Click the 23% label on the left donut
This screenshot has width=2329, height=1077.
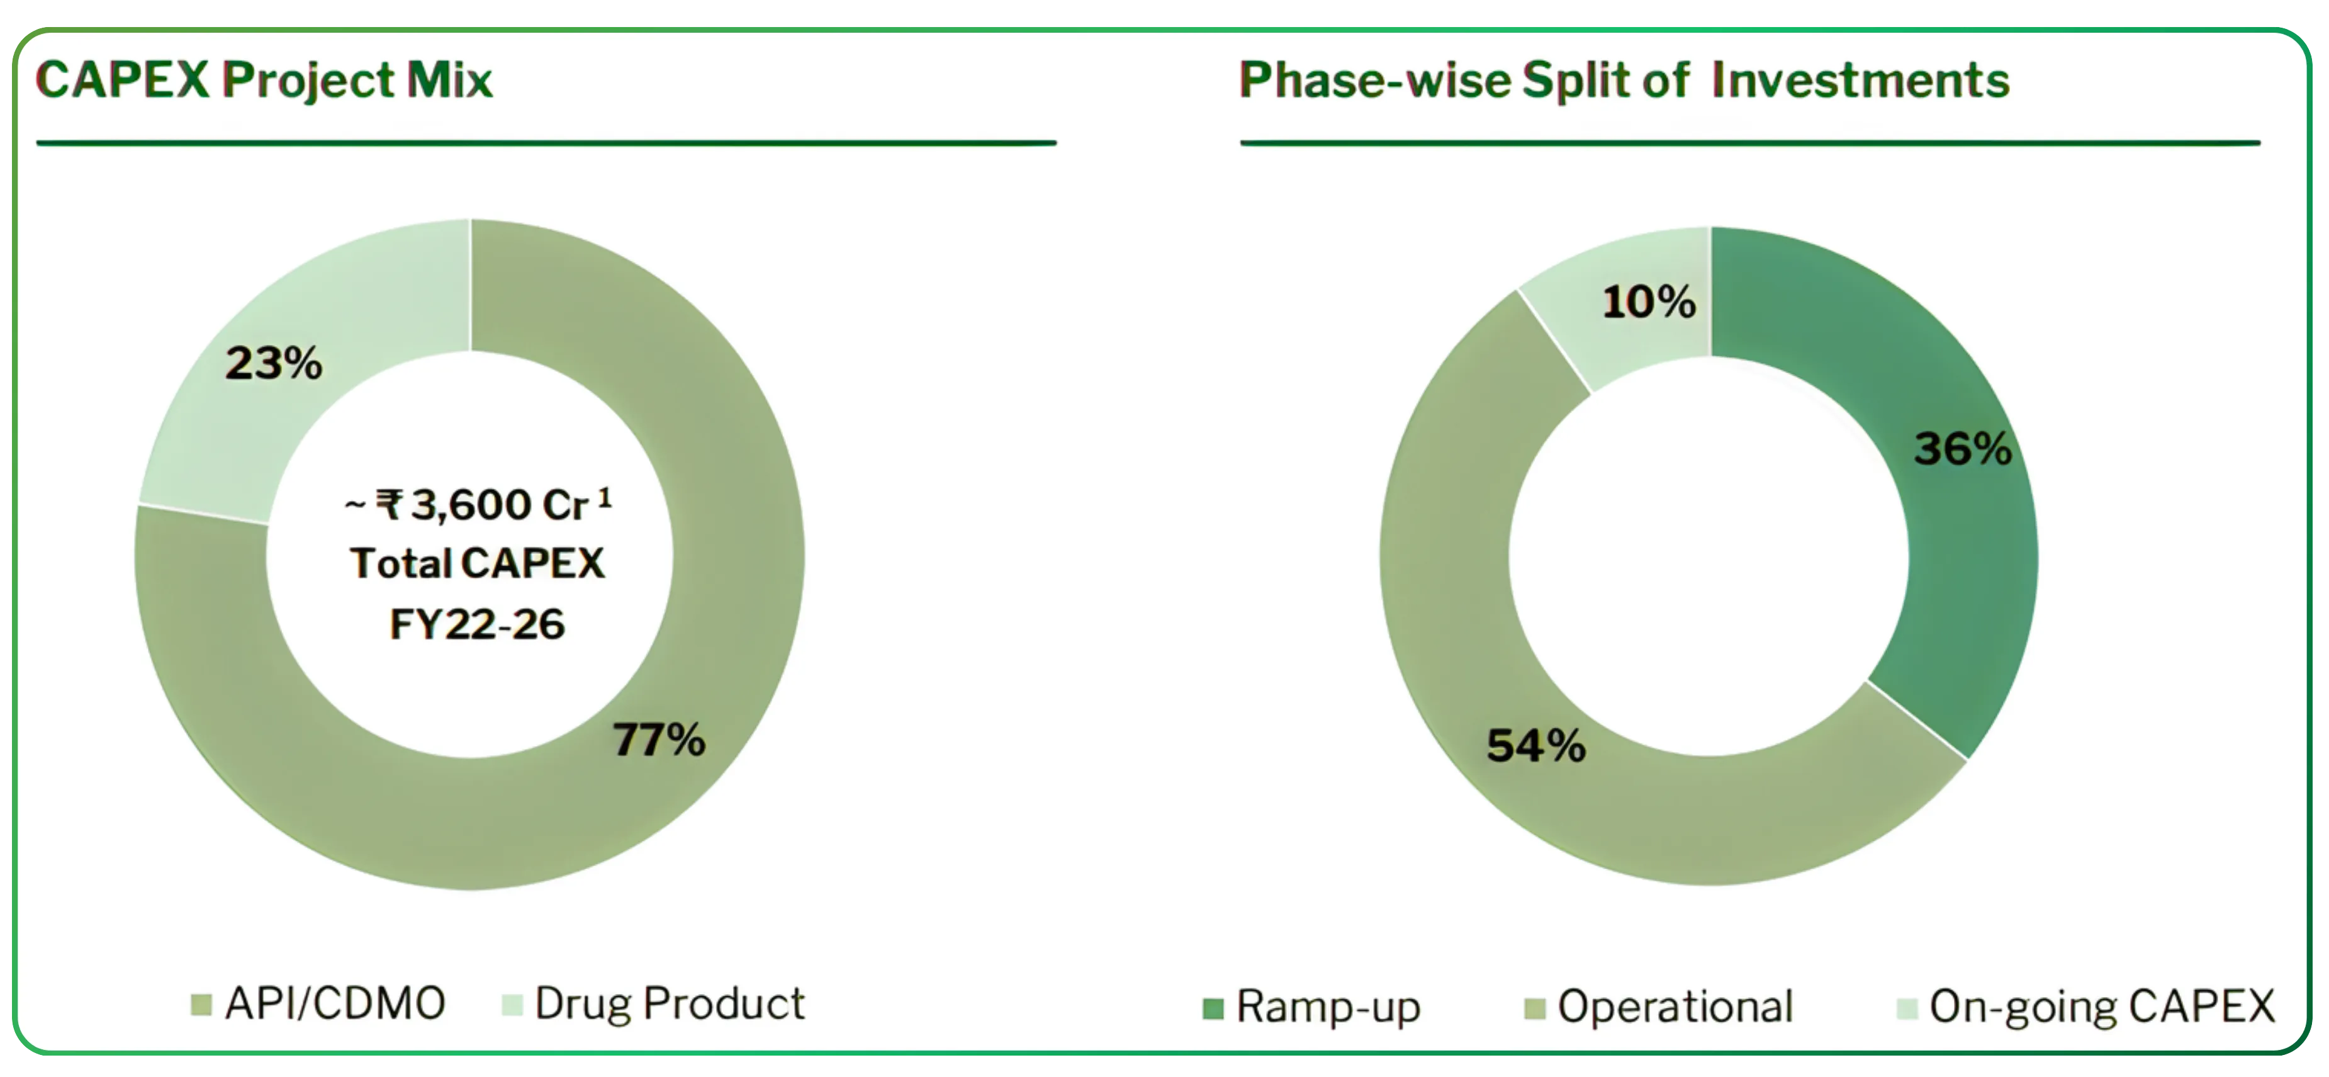(x=273, y=364)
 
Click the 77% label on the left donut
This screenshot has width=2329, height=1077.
(x=658, y=740)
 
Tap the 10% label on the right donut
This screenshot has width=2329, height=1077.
(x=1648, y=302)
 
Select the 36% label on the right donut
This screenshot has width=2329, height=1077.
(x=1962, y=449)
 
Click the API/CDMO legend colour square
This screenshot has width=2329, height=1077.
(x=201, y=1005)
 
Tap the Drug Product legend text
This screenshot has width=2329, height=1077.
(x=669, y=1004)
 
